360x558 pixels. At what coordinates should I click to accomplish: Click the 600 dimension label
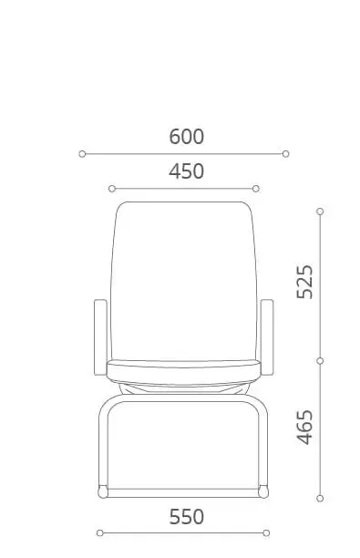coord(187,137)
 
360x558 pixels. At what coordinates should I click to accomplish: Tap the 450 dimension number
coord(187,171)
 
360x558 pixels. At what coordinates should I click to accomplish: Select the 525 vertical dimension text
coord(305,282)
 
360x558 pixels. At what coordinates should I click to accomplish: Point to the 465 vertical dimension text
coord(305,427)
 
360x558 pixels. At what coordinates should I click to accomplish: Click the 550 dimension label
coord(187,517)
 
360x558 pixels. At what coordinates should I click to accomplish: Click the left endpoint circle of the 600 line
coord(82,154)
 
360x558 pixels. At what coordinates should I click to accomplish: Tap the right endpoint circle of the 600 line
coord(285,154)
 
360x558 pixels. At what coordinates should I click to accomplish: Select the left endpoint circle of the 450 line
coord(112,189)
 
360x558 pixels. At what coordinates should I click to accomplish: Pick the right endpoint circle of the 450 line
coord(256,189)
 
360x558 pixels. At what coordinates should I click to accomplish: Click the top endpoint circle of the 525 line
coord(320,212)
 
